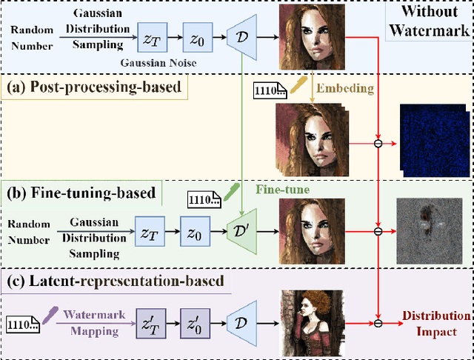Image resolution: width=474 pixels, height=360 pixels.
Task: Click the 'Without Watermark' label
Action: tap(430, 21)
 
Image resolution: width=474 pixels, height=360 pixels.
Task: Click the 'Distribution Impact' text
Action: tap(430, 323)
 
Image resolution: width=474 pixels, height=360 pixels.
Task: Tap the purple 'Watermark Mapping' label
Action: tap(90, 323)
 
